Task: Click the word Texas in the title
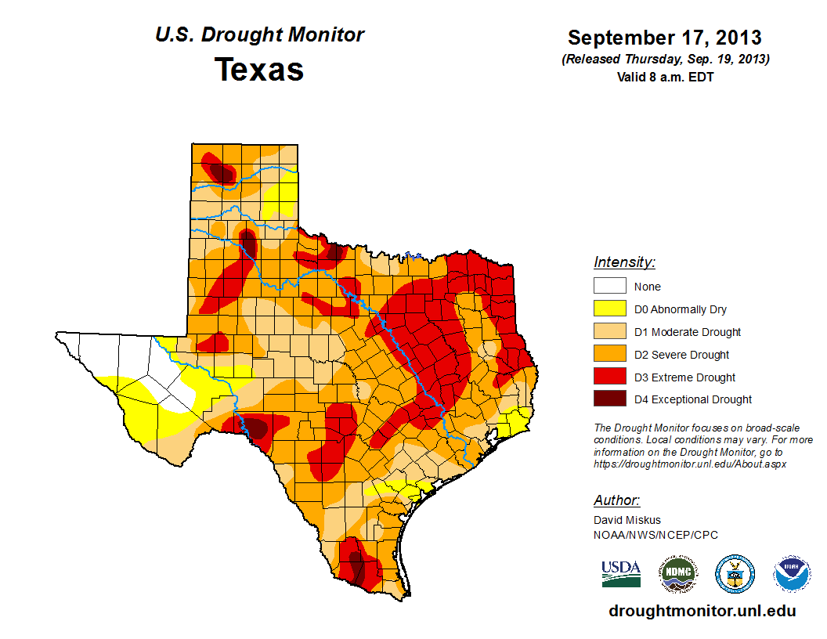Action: pyautogui.click(x=259, y=70)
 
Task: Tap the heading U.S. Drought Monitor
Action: pyautogui.click(x=259, y=35)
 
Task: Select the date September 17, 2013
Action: pyautogui.click(x=665, y=38)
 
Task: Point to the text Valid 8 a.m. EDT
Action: pyautogui.click(x=665, y=77)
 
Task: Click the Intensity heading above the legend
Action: pyautogui.click(x=624, y=262)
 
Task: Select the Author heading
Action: pyautogui.click(x=616, y=500)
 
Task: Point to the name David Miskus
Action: pyautogui.click(x=627, y=520)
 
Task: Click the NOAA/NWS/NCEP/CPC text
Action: pyautogui.click(x=655, y=535)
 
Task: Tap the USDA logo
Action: pyautogui.click(x=621, y=573)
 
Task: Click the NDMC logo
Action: pyautogui.click(x=677, y=574)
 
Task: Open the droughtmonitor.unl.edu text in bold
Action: pyautogui.click(x=702, y=611)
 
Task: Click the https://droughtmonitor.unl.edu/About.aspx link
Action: pyautogui.click(x=690, y=464)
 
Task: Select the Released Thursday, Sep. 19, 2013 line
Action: pyautogui.click(x=665, y=60)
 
